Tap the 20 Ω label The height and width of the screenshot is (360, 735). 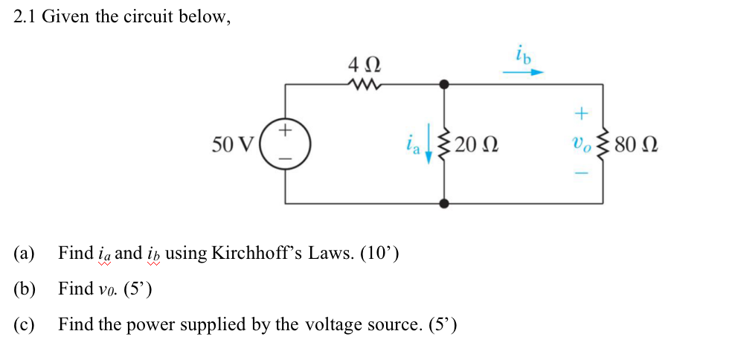pos(475,144)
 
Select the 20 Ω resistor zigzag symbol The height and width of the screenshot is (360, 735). pos(445,143)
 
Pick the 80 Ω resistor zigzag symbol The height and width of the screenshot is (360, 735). pos(603,143)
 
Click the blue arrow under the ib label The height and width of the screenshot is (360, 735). pos(523,73)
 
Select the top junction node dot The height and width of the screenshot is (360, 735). pos(445,84)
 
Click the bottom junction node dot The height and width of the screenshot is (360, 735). pos(445,202)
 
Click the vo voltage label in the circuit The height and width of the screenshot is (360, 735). pos(581,144)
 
